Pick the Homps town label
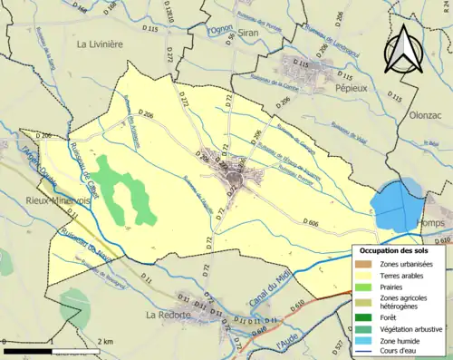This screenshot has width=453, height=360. (x=432, y=221)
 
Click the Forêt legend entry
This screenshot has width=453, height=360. (x=390, y=317)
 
